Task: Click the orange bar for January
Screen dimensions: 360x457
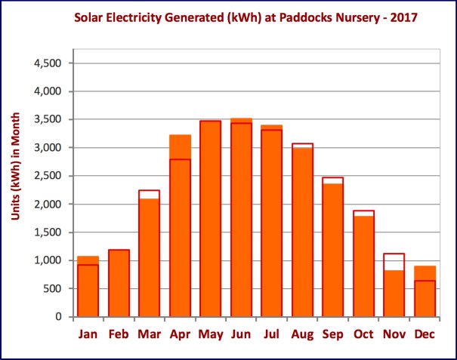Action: (88, 288)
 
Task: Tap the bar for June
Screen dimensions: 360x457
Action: (241, 218)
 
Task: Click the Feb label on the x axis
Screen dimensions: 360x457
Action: (119, 333)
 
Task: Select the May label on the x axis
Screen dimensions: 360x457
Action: (210, 333)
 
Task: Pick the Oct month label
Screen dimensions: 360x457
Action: (363, 333)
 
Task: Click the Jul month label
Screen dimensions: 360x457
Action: (271, 333)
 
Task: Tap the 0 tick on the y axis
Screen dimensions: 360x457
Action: (58, 317)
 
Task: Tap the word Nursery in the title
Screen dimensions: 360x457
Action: (339, 16)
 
